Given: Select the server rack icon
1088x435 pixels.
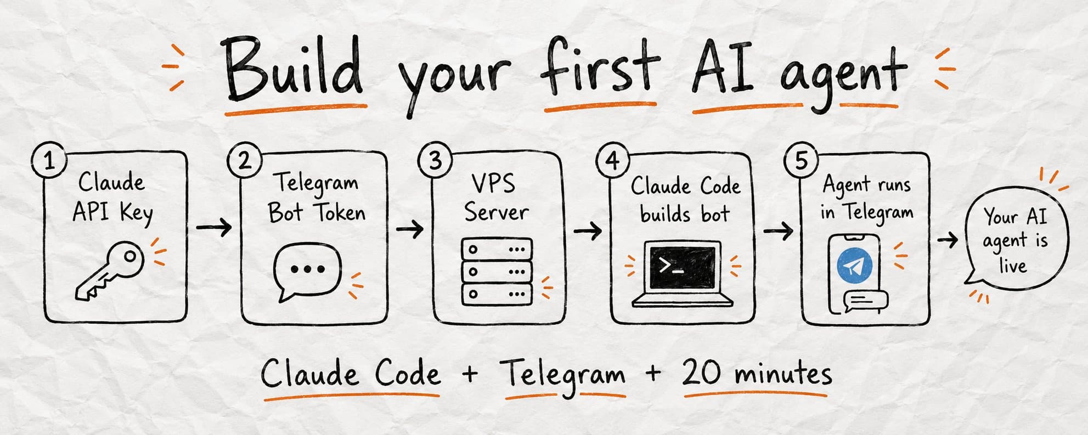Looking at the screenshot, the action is (497, 272).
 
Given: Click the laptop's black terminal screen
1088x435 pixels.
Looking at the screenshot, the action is (683, 267).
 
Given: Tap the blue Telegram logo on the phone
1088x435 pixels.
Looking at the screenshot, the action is (854, 265).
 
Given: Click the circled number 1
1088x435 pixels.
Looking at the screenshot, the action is (49, 161).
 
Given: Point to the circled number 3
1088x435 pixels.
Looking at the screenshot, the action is (435, 160).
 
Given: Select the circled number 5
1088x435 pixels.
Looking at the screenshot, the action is (801, 161).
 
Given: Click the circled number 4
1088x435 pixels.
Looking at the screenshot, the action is (613, 161).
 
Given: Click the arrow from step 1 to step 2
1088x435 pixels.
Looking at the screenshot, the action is (214, 227).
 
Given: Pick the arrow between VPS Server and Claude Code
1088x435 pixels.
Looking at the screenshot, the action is (587, 231).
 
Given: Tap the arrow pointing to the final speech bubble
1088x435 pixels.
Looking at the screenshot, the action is (948, 240).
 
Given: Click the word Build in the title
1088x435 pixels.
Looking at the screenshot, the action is (294, 70).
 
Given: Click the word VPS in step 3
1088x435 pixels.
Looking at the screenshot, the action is (493, 183).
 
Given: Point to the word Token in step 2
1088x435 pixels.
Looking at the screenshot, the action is (341, 212).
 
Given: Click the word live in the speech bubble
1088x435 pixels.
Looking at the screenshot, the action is (1013, 265).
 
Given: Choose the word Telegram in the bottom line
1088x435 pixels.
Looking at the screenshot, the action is (563, 375).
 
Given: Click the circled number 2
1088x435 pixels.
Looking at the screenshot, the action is (244, 161).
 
